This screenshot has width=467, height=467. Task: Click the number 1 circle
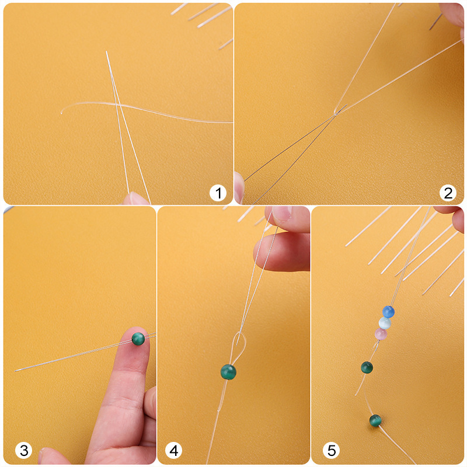click(x=218, y=193)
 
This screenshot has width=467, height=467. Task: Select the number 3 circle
click(x=24, y=450)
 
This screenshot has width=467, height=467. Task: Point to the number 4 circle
click(x=174, y=450)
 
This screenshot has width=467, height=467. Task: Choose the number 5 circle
click(x=332, y=450)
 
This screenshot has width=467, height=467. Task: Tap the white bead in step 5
click(x=384, y=323)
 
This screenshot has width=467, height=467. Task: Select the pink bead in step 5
click(x=380, y=334)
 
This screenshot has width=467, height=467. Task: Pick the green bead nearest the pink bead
click(x=367, y=367)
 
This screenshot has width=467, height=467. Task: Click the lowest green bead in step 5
click(x=375, y=420)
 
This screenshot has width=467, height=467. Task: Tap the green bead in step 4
click(x=228, y=371)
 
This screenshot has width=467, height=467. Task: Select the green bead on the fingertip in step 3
click(x=138, y=339)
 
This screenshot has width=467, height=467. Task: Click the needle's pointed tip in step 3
click(x=16, y=370)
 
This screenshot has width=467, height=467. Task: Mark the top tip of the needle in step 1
click(x=106, y=51)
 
